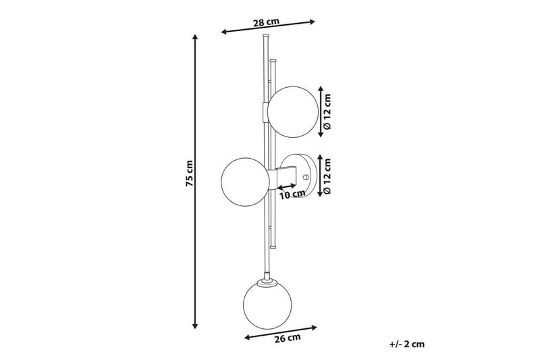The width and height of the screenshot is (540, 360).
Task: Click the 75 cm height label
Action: [x=190, y=174]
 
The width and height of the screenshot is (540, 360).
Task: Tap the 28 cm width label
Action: [x=266, y=22]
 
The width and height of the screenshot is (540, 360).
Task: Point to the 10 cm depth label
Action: [x=292, y=195]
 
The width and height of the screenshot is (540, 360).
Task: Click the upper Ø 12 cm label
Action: [x=327, y=111]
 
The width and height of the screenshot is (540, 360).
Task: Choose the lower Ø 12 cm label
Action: [x=327, y=176]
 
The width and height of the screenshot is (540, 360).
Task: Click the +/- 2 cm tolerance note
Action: [x=407, y=344]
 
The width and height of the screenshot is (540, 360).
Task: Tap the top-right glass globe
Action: [x=293, y=112]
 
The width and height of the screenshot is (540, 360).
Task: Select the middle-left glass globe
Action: [x=245, y=182]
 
